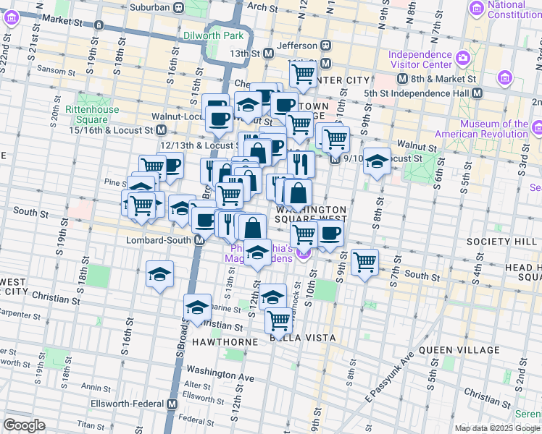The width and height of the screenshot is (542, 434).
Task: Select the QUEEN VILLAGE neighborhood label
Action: tap(459, 350)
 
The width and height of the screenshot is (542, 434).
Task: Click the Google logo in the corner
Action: tap(24, 425)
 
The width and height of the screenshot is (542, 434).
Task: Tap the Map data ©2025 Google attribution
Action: tap(497, 428)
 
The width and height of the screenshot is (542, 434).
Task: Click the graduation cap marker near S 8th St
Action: tap(376, 161)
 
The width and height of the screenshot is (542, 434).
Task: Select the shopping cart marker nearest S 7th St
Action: tap(365, 261)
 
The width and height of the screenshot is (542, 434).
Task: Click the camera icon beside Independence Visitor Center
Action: tap(462, 56)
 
